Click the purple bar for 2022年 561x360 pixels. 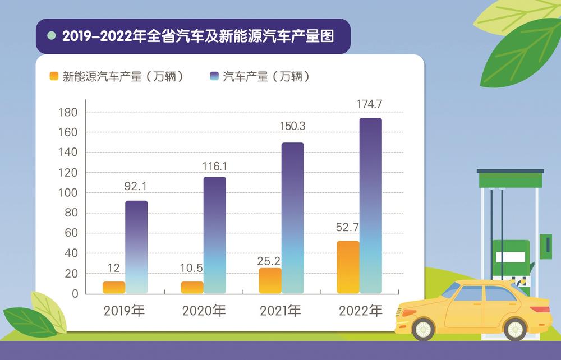(x=370, y=205)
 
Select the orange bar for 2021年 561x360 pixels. (x=270, y=280)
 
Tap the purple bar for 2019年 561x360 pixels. (x=136, y=247)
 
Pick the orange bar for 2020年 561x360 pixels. (x=192, y=287)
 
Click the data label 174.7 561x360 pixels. (x=370, y=104)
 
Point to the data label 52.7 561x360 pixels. (x=348, y=228)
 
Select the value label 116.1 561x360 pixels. (x=214, y=166)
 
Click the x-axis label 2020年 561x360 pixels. (x=203, y=311)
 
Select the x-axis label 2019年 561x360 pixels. (x=125, y=311)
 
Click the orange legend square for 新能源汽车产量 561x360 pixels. (x=54, y=77)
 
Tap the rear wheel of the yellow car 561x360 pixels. (x=514, y=329)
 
